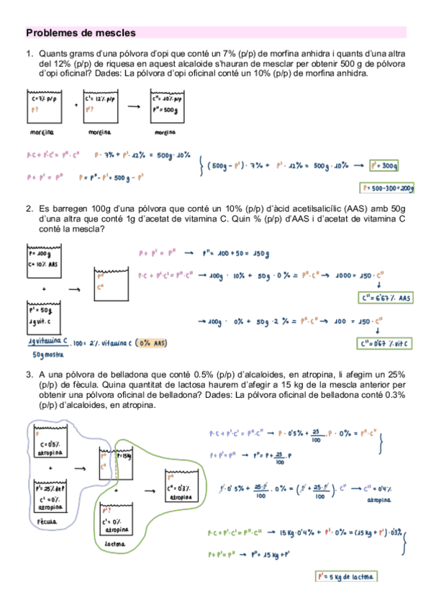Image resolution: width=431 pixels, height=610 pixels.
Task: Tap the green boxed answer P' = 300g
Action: pos(383,166)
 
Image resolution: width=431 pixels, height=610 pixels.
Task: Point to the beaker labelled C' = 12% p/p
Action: pos(101,106)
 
